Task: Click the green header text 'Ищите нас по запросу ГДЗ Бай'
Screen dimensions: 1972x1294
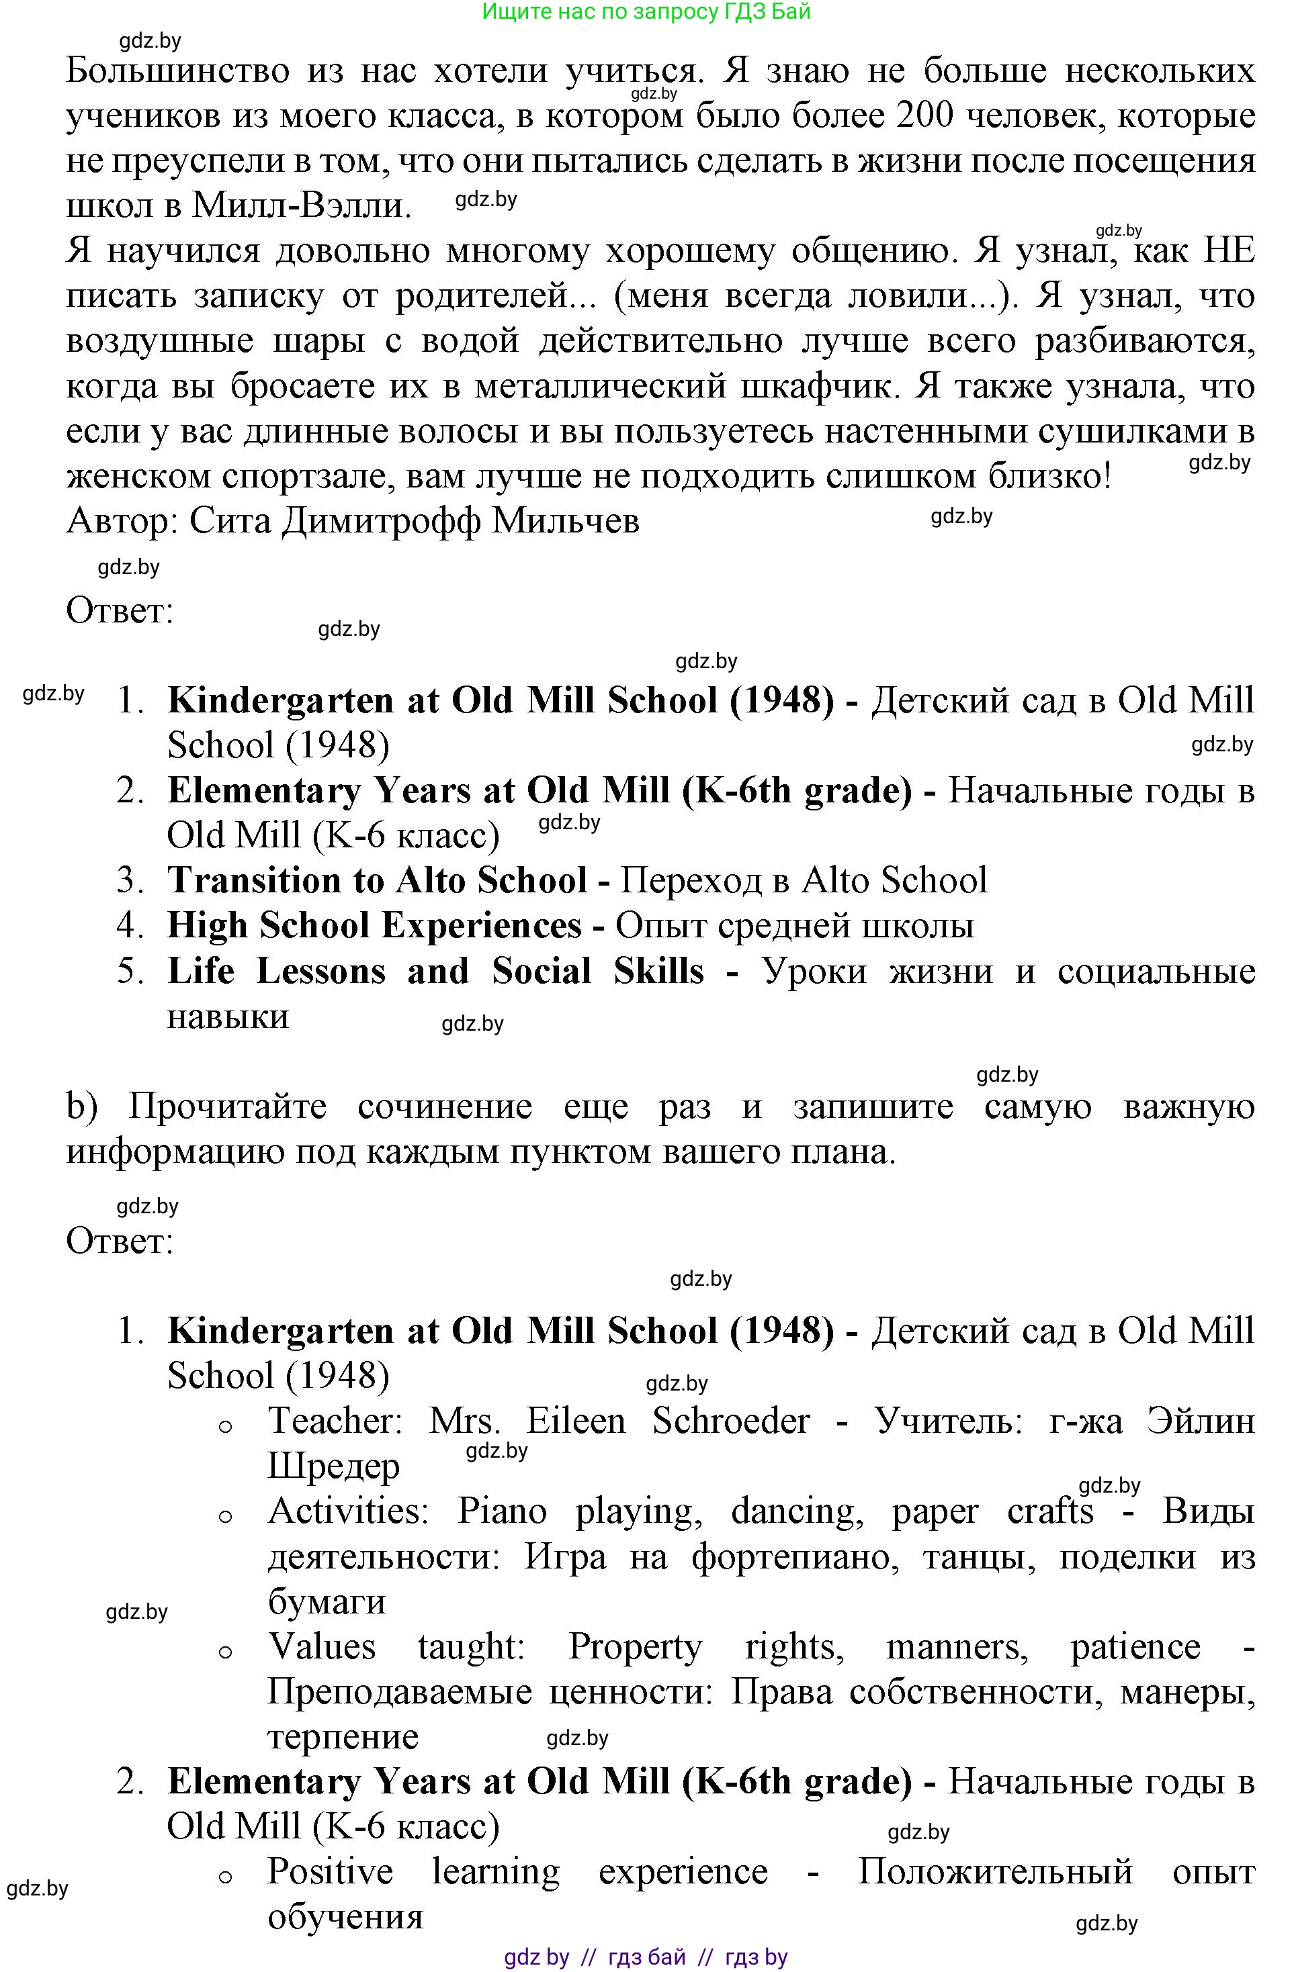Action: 646,11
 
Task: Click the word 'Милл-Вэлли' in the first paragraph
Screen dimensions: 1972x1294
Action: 302,205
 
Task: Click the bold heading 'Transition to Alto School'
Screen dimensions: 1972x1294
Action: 377,880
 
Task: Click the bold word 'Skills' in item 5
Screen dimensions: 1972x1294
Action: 658,971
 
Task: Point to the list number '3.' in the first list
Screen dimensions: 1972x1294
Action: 131,880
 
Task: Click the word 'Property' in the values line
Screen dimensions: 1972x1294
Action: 635,1647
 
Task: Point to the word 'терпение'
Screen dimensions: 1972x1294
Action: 343,1738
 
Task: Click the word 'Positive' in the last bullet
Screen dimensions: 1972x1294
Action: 330,1872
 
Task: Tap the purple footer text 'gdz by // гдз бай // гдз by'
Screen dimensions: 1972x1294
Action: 646,1957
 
